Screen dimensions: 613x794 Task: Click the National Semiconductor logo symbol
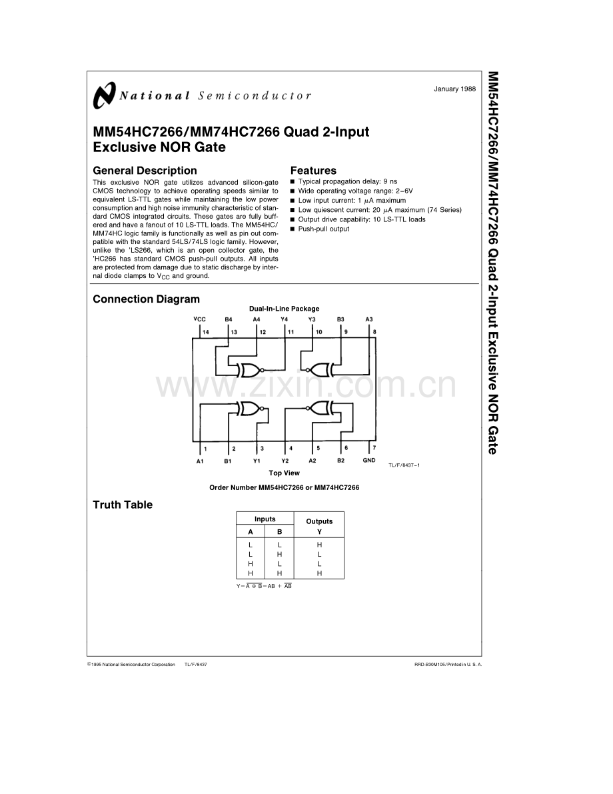[104, 95]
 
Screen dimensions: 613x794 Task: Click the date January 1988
[454, 89]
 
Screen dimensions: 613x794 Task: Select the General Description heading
[145, 171]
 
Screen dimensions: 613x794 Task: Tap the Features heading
[313, 171]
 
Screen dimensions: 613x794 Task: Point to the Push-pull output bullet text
[323, 229]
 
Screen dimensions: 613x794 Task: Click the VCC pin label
[199, 319]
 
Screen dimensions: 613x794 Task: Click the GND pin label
[369, 460]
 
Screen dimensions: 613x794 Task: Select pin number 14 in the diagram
[206, 332]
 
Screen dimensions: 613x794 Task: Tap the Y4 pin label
[284, 319]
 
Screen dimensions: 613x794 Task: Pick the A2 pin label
[312, 461]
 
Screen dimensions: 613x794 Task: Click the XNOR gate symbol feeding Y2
[319, 408]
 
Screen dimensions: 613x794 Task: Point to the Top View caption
[284, 473]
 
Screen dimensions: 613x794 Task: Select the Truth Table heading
[123, 505]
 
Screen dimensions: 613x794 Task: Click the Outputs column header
[319, 521]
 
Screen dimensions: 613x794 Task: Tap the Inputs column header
[265, 519]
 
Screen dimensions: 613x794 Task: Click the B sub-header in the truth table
[279, 532]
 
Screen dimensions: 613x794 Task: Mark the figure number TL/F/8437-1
[404, 465]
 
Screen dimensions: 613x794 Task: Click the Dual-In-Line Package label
[284, 309]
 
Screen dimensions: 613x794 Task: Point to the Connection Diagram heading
[147, 299]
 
